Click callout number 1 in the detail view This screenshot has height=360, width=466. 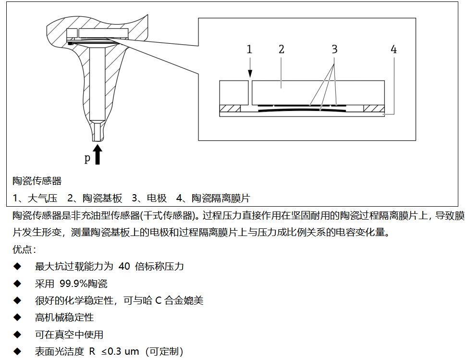click(249, 50)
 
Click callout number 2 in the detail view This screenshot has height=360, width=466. click(282, 50)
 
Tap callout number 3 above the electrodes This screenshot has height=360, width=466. click(335, 50)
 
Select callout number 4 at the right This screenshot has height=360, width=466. click(394, 50)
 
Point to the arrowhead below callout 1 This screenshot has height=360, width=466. click(250, 74)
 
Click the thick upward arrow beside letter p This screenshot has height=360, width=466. click(97, 154)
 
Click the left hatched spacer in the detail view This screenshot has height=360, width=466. click(230, 109)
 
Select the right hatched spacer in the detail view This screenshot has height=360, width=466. click(374, 109)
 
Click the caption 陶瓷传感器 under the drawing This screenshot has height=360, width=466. click(37, 181)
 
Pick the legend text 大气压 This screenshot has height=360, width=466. click(42, 198)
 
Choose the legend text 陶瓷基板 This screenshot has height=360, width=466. click(102, 198)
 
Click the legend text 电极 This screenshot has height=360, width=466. click(157, 198)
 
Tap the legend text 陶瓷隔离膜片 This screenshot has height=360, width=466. click(221, 198)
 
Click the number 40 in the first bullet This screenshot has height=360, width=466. click(124, 266)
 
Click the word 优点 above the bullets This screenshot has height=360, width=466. click(22, 249)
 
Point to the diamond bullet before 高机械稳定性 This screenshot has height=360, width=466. click(17, 318)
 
